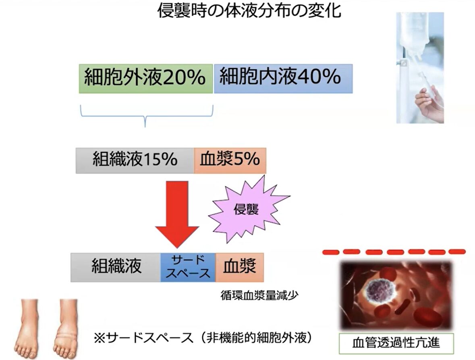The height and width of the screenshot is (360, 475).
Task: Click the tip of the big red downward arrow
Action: pos(177,248)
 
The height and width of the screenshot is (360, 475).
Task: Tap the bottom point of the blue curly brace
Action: pos(145,127)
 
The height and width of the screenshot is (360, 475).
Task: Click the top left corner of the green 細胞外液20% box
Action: pos(79,64)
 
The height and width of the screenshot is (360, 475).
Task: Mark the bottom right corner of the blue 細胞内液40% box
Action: pos(353,93)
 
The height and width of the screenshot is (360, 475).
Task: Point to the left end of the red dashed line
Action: pos(323,252)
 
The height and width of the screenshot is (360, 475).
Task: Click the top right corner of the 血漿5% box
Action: pos(266,148)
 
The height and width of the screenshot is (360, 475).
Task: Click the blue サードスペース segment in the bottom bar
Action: pos(188,267)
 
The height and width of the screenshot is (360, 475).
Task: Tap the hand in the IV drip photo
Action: pos(429,103)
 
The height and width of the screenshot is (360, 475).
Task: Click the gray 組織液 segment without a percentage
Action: pos(116,267)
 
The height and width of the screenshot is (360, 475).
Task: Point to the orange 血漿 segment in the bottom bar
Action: pos(240,267)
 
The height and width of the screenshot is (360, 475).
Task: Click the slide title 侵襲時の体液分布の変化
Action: pos(249,11)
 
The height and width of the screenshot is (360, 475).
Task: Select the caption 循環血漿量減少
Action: pos(259,295)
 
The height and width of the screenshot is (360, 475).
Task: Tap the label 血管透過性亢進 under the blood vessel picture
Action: pos(396,343)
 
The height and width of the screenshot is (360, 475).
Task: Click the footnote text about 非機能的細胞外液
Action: pos(203,337)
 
